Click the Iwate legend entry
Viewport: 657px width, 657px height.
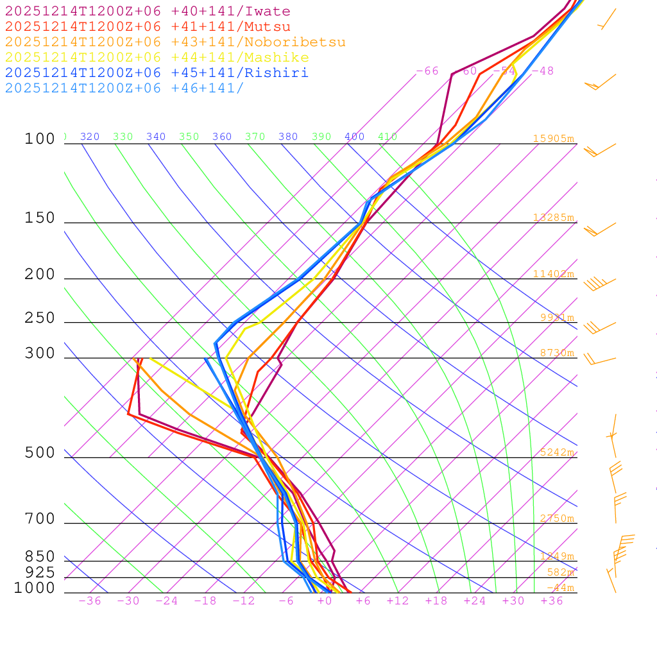(148, 12)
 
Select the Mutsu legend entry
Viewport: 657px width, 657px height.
(148, 27)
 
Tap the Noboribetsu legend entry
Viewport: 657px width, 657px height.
(175, 42)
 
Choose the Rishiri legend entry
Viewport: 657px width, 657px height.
(157, 73)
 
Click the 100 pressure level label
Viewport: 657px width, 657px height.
(40, 139)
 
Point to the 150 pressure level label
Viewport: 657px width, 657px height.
(40, 218)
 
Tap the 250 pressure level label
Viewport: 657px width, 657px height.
(40, 318)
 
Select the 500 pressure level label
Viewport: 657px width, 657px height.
(40, 453)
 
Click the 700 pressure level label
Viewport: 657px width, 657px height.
(40, 519)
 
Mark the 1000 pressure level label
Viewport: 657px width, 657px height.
(34, 588)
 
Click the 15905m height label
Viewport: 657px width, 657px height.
(554, 138)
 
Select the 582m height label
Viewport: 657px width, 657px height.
(560, 572)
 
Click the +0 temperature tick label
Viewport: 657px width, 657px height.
(325, 601)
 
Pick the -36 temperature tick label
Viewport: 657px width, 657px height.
(89, 601)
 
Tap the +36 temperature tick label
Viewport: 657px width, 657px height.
(552, 601)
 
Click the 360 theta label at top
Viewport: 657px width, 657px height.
(222, 137)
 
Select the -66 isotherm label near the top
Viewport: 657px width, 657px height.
(427, 71)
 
